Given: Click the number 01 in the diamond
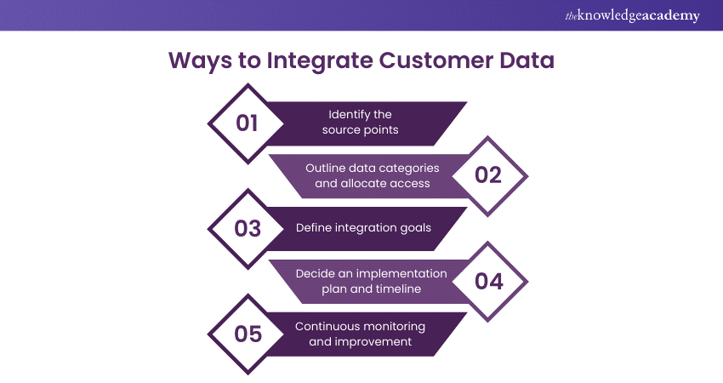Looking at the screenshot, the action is tap(247, 123).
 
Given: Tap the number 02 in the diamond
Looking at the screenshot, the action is tap(488, 175).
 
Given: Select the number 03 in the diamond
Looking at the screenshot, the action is tap(248, 228).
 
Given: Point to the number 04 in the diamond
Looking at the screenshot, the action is tap(489, 281).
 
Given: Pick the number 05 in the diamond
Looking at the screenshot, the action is tap(248, 334).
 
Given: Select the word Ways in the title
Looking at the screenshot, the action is tap(200, 61).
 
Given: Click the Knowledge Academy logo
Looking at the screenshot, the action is tap(632, 15).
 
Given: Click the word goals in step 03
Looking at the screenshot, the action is tap(415, 228).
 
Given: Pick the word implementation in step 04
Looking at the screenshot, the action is tap(401, 274).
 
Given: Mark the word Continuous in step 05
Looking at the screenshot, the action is tap(322, 326).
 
